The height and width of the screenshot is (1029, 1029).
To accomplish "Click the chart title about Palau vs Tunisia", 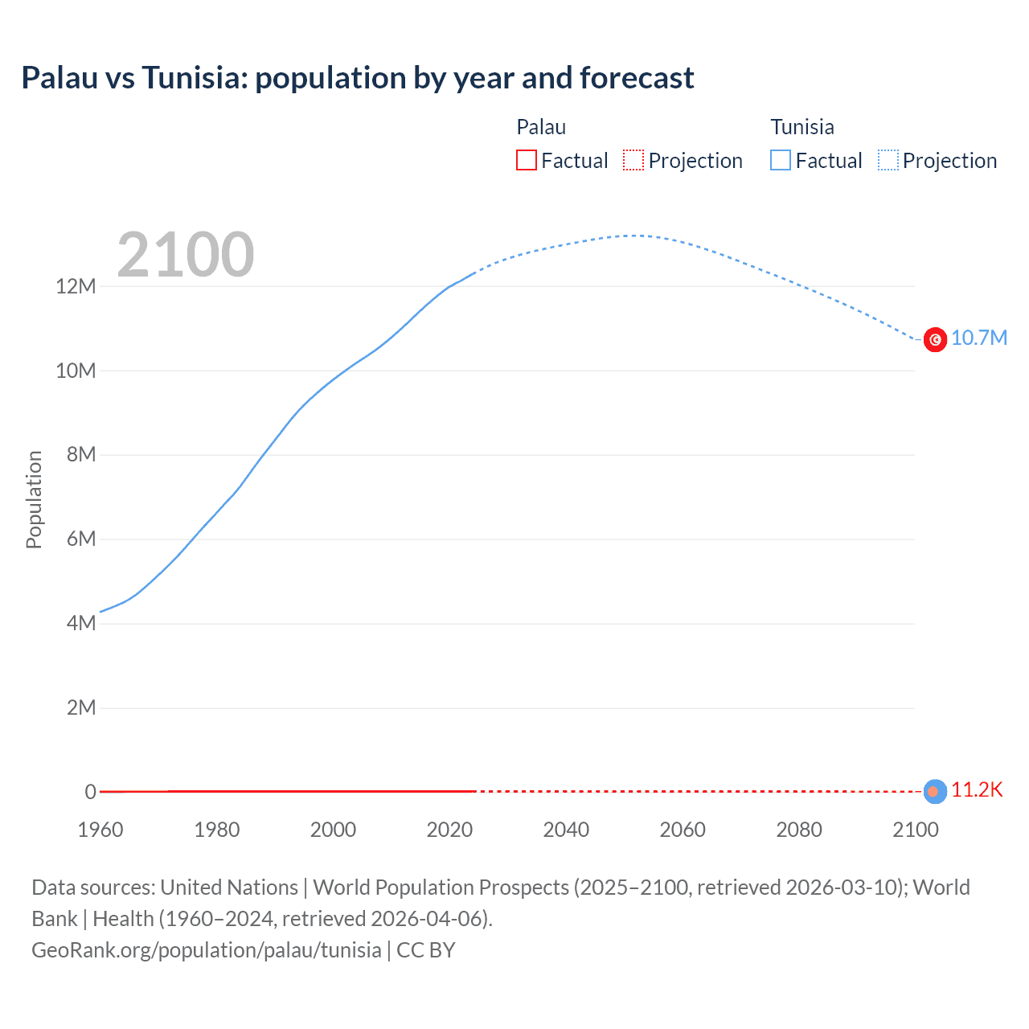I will click(358, 78).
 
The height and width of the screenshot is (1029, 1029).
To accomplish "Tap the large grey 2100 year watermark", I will click(186, 255).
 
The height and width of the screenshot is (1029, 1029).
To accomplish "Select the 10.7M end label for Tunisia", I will click(978, 338).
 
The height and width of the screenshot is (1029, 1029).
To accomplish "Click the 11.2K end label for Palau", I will click(977, 789).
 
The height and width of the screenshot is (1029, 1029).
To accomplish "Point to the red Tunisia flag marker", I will click(935, 340).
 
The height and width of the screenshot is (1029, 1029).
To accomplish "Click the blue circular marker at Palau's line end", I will click(934, 791).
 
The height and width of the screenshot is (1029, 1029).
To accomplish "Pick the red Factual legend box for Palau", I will click(526, 160).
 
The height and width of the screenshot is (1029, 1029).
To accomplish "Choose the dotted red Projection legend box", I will click(633, 160).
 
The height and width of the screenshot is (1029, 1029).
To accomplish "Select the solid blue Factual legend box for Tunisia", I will click(780, 160).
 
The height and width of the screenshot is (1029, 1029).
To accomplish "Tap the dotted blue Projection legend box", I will click(888, 160).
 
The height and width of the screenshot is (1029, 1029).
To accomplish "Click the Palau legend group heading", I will click(541, 127).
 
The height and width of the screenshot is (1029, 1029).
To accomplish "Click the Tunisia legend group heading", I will click(802, 127).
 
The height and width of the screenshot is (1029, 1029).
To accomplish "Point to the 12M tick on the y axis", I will click(76, 286).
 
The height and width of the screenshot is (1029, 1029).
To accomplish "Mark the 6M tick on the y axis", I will click(80, 539).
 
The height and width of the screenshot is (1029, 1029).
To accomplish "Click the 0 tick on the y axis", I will click(90, 792).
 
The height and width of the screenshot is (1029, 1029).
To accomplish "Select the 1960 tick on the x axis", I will click(100, 830).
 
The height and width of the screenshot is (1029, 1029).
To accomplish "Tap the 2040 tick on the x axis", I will click(566, 830).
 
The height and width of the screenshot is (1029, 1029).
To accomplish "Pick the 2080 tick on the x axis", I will click(799, 830).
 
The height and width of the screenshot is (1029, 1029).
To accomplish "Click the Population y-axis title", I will click(34, 499).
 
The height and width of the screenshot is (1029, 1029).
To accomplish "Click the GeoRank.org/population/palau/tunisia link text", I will click(207, 950).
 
